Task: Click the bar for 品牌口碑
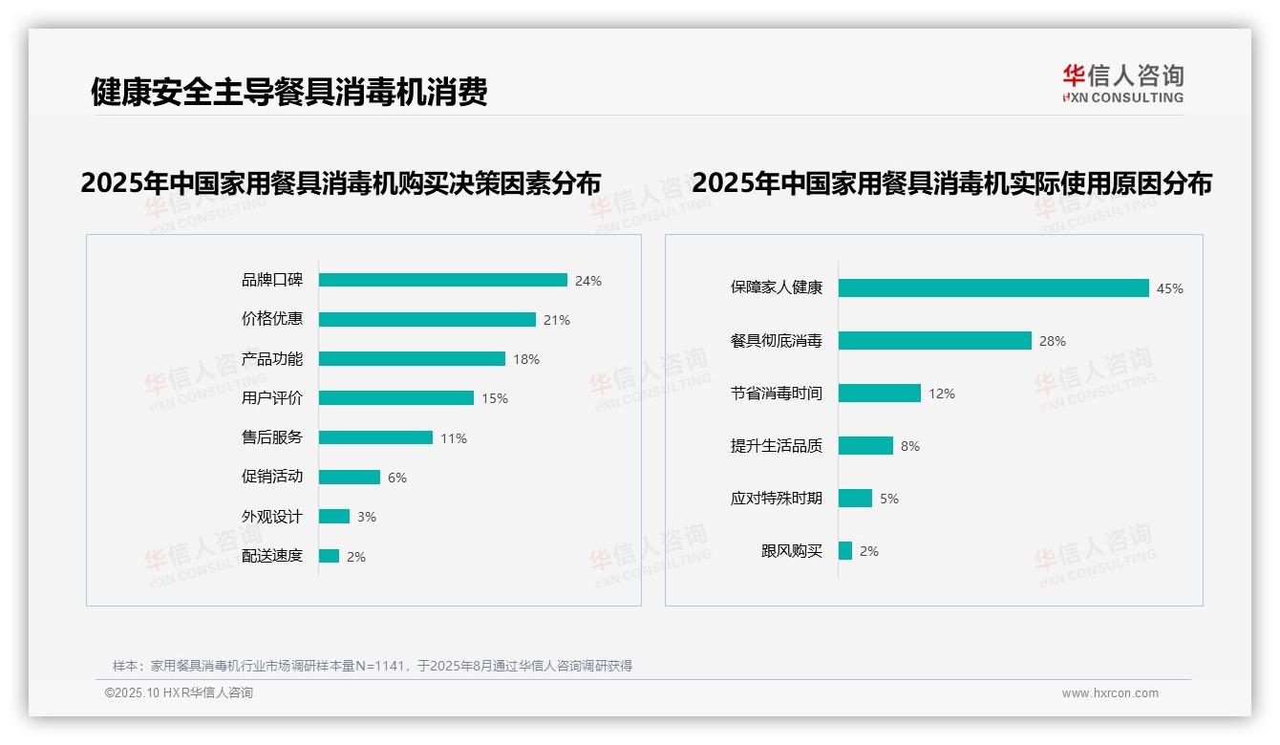pos(442,280)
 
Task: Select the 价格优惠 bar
pos(427,319)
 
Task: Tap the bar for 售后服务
pos(375,437)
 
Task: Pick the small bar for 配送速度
pos(329,556)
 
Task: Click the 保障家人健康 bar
pos(993,287)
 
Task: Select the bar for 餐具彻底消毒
pos(935,340)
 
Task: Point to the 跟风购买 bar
pos(845,550)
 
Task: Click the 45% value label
pos(1169,288)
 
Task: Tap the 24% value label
pos(587,281)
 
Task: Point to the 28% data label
pos(1052,341)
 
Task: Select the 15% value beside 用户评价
pos(494,398)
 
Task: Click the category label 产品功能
pos(271,359)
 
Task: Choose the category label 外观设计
pos(271,517)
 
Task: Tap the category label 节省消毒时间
pos(776,393)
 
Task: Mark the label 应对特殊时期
pos(776,498)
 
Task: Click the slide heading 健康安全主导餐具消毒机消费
pos(288,92)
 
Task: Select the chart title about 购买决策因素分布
pos(340,182)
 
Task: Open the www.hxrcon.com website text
pos(1109,693)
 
